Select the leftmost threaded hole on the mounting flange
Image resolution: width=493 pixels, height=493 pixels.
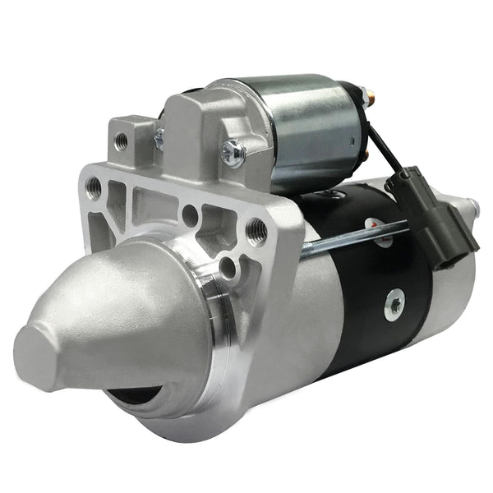click(96, 187)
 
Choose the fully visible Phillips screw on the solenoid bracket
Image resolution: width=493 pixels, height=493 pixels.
click(233, 150)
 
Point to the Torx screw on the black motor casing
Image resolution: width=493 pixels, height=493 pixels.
click(394, 305)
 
